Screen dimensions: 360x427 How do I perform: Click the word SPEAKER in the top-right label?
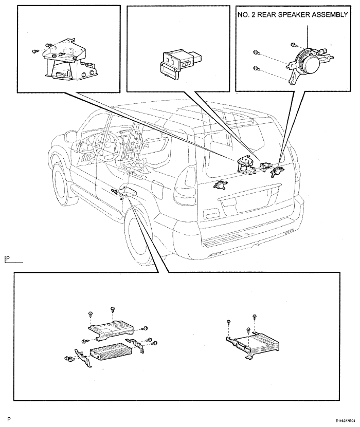click(294, 15)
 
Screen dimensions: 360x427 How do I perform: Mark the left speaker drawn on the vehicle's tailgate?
click(220, 185)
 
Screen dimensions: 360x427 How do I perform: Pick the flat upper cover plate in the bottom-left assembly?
click(111, 329)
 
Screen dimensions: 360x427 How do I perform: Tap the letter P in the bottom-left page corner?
click(9, 419)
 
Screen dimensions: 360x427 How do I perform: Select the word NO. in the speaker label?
click(243, 15)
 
